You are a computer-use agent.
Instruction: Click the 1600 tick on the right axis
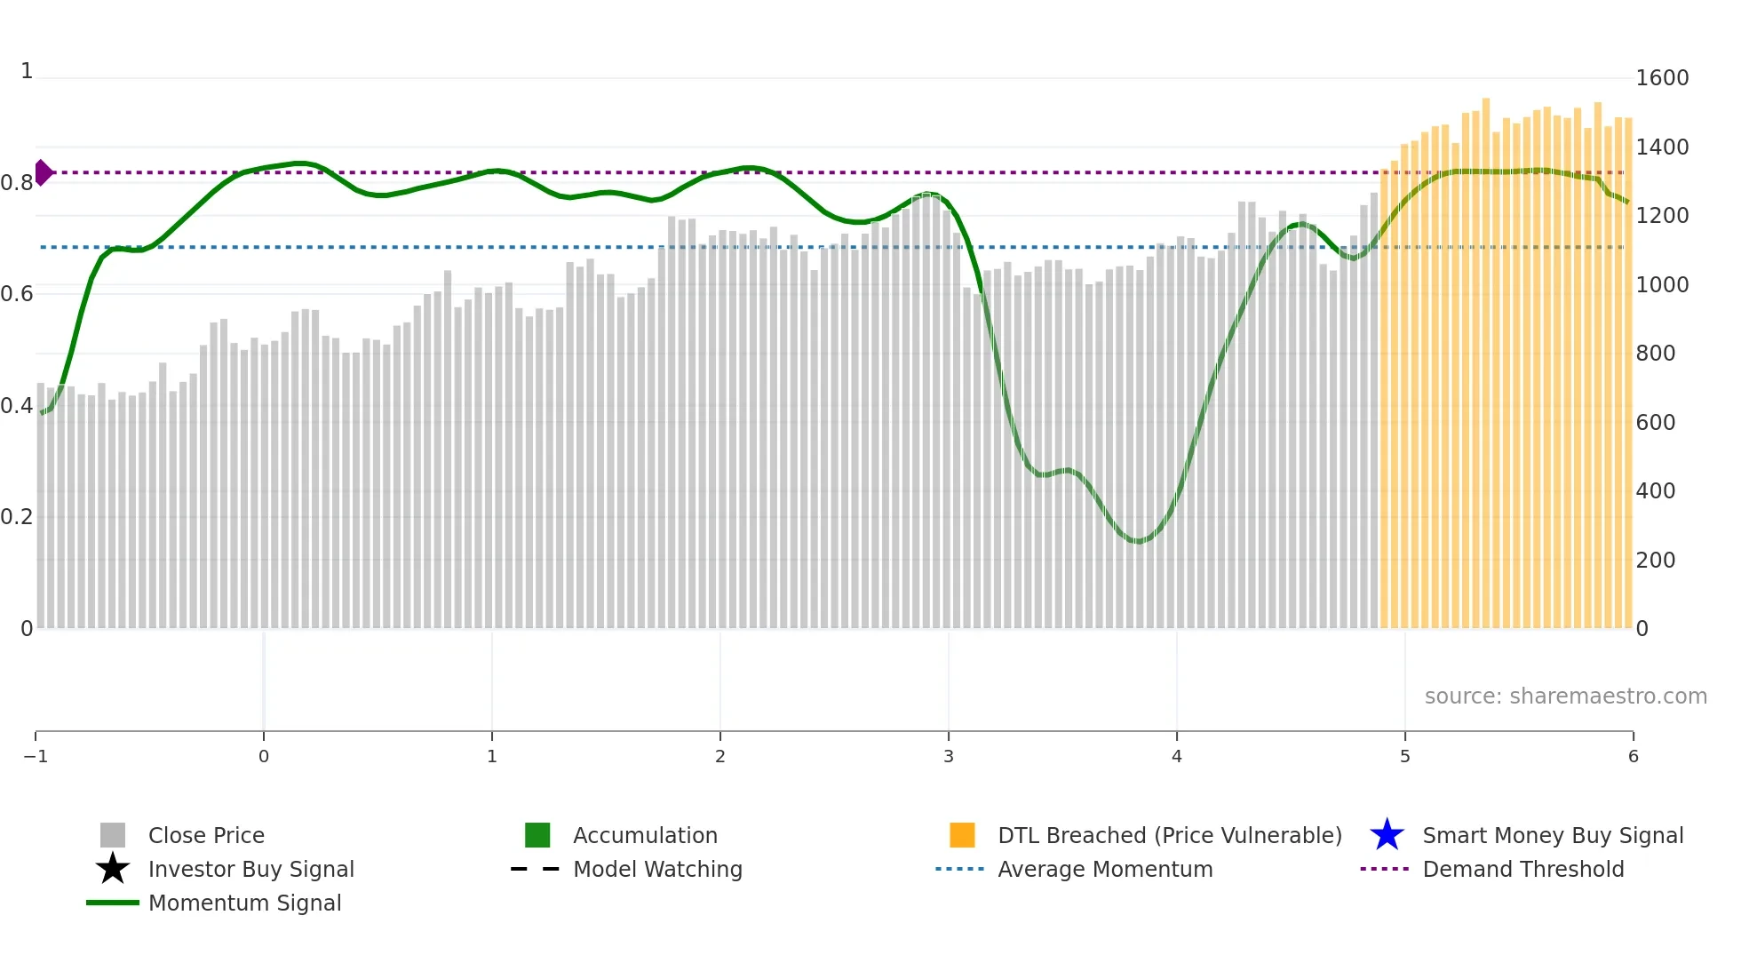[1662, 78]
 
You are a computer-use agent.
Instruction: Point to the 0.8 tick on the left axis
[17, 183]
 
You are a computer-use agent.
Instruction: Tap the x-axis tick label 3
[949, 757]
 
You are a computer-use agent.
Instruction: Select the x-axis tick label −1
[36, 757]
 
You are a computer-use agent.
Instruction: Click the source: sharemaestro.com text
[1565, 696]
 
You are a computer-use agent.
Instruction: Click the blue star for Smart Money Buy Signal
[1387, 836]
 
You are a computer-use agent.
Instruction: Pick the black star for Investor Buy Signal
[113, 870]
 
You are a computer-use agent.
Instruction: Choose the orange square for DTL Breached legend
[962, 836]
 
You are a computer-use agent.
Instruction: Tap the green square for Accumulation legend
[537, 836]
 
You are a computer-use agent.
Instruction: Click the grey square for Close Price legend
[113, 836]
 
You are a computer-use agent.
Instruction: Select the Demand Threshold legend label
[1522, 870]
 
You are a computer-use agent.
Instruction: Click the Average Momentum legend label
[1105, 870]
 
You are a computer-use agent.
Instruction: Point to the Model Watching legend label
[657, 870]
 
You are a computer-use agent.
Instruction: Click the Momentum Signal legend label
[244, 903]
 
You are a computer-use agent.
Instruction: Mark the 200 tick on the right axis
[1655, 561]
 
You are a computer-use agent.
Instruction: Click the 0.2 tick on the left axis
[17, 517]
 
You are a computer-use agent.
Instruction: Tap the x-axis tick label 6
[1633, 757]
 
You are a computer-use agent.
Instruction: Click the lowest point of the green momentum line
[1138, 541]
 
